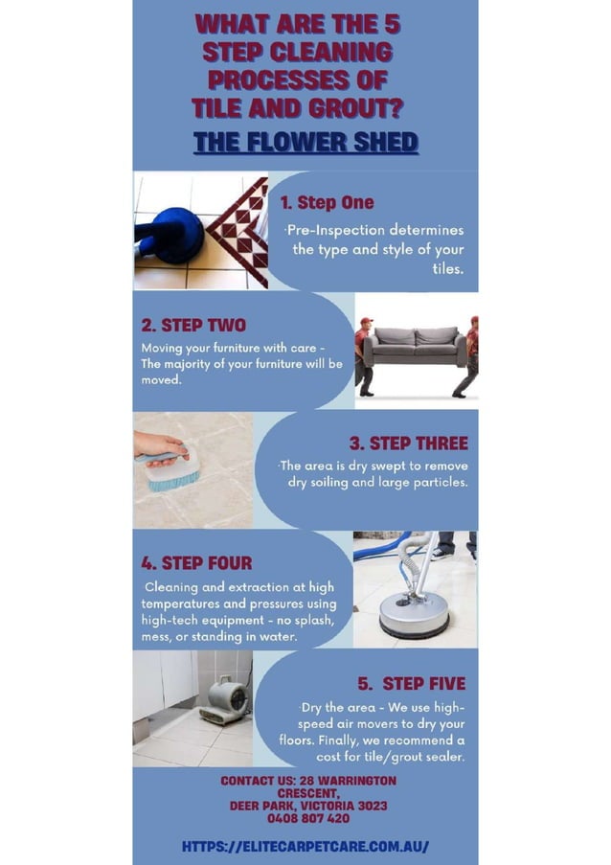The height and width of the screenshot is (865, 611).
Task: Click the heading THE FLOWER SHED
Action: pyautogui.click(x=305, y=143)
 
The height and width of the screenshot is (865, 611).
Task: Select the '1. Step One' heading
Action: pyautogui.click(x=327, y=202)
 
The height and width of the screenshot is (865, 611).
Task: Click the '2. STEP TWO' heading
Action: pyautogui.click(x=193, y=326)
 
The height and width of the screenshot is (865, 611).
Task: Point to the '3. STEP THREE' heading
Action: pyautogui.click(x=408, y=443)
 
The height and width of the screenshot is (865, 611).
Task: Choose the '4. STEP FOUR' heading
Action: pyautogui.click(x=197, y=562)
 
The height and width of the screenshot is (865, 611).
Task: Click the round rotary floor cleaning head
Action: pyautogui.click(x=414, y=614)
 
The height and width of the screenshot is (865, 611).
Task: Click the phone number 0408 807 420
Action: pyautogui.click(x=307, y=819)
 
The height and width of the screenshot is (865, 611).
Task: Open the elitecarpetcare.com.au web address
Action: pyautogui.click(x=305, y=847)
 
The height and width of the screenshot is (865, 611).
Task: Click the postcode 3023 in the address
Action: pyautogui.click(x=370, y=807)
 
